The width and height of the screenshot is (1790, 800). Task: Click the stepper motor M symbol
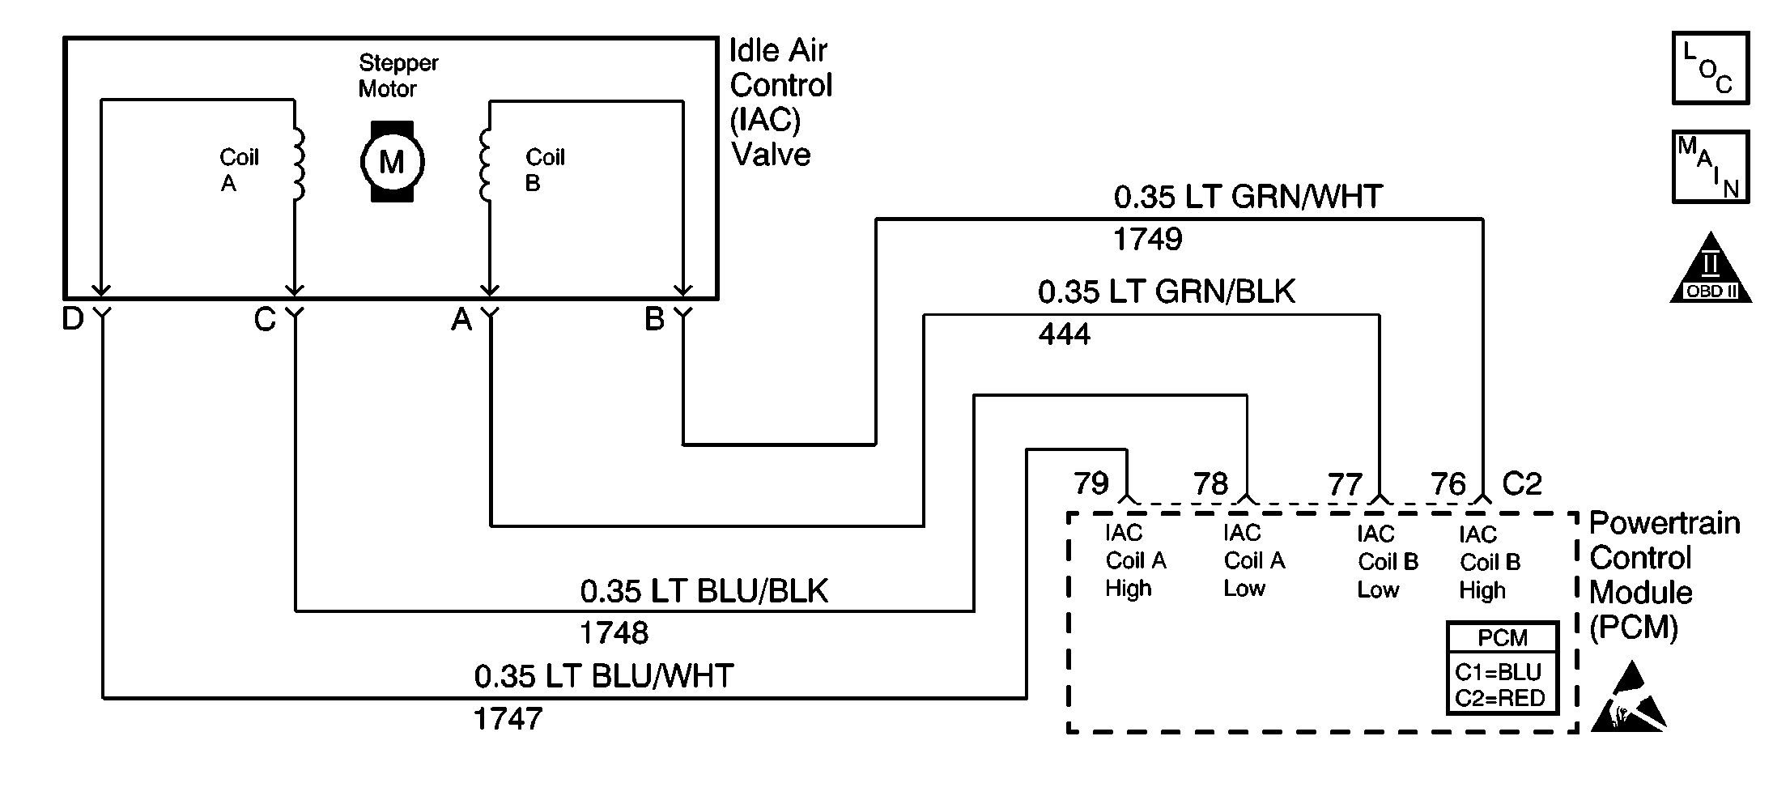coord(392,162)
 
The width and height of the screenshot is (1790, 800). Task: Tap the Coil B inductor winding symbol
coord(485,164)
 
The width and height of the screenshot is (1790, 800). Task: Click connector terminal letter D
coord(73,319)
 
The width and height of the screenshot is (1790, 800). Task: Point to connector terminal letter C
coord(265,320)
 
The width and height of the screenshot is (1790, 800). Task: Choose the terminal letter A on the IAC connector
coord(461,320)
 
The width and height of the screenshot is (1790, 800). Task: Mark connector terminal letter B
coord(654,319)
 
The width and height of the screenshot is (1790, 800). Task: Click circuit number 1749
coord(1147,239)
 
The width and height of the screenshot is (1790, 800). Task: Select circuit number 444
coord(1064,334)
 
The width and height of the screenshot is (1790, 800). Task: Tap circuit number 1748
coord(614,632)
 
